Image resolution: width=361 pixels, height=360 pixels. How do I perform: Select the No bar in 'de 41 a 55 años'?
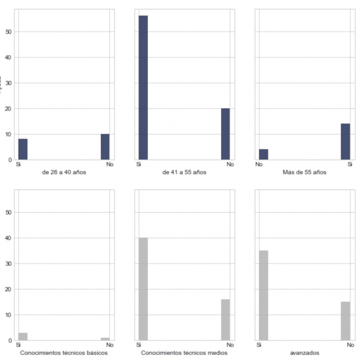(225, 134)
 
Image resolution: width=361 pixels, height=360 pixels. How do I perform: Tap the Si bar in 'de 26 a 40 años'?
(23, 149)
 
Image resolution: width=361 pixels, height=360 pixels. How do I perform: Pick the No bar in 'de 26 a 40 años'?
(105, 147)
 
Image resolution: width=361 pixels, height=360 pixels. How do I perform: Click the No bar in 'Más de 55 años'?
(263, 154)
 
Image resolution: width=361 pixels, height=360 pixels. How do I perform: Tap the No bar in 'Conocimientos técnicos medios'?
(225, 319)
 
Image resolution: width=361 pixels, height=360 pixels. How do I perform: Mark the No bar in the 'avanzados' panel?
(345, 321)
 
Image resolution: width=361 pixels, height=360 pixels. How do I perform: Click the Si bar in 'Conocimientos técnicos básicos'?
(23, 336)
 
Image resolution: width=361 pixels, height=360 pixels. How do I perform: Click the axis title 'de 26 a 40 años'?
(64, 173)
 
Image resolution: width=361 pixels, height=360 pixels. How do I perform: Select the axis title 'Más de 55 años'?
(304, 173)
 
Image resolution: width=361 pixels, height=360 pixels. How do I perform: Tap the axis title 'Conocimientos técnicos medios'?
(184, 353)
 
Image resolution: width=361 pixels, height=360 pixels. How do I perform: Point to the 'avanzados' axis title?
(304, 353)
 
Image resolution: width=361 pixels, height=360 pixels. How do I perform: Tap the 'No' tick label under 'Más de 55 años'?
(259, 165)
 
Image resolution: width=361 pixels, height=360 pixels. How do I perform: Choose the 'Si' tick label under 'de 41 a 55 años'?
(138, 165)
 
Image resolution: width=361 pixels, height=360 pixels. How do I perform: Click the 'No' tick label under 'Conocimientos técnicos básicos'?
(110, 345)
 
